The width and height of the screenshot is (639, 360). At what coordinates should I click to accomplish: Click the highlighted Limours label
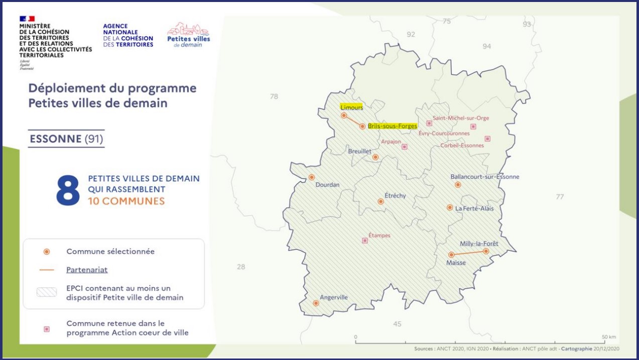[x=351, y=107]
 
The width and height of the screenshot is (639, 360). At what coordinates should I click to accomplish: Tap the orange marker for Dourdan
[x=312, y=177]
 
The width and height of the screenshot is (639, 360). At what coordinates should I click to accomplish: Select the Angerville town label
[x=333, y=297]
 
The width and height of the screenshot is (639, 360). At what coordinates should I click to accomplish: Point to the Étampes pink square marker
[x=364, y=241]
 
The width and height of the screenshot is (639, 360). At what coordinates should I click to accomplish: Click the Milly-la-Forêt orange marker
[x=486, y=251]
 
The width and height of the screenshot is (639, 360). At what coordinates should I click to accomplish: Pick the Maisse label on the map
[x=456, y=263]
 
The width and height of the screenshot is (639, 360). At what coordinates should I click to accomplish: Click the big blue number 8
[x=68, y=190]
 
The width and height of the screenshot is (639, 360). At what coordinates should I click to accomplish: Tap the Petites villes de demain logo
[x=188, y=35]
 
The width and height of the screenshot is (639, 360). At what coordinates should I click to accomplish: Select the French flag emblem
[x=27, y=19]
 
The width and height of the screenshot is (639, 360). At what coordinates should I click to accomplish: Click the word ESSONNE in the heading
[x=56, y=139]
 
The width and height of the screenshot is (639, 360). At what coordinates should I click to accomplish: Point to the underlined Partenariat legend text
[x=87, y=270]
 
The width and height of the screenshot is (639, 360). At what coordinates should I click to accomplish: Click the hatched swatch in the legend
[x=47, y=292]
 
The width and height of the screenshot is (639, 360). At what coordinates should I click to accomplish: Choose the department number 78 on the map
[x=274, y=96]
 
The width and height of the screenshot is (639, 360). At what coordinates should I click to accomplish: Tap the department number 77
[x=560, y=196]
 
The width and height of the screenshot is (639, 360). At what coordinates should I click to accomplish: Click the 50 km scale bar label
[x=609, y=337]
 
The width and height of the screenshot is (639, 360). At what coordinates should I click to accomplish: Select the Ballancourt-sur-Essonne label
[x=485, y=177]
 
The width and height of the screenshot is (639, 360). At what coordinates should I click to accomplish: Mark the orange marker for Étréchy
[x=380, y=201]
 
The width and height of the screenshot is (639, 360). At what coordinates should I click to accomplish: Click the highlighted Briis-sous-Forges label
[x=392, y=126]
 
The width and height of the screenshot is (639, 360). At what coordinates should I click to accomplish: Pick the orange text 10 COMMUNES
[x=126, y=201]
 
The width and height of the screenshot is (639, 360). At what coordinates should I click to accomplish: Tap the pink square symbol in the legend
[x=47, y=329]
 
